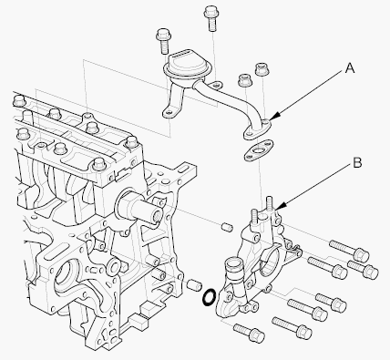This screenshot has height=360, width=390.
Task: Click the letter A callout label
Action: pyautogui.click(x=350, y=68)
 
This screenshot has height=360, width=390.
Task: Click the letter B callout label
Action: pyautogui.click(x=357, y=162)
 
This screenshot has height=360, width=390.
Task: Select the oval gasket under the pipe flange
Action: pyautogui.click(x=259, y=150)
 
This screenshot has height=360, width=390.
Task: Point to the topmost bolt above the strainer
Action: pyautogui.click(x=211, y=19)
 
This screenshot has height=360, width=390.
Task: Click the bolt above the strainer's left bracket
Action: pyautogui.click(x=164, y=41)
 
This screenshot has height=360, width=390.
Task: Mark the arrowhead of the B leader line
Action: pyautogui.click(x=280, y=206)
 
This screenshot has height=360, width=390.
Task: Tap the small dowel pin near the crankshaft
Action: pyautogui.click(x=227, y=227)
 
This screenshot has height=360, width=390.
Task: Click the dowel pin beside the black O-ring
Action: pyautogui.click(x=194, y=285)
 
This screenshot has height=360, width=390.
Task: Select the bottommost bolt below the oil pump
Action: pyautogui.click(x=249, y=332)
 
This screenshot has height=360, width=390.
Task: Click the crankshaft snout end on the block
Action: pyautogui.click(x=155, y=215)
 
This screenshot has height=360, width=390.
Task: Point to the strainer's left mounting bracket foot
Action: pyautogui.click(x=170, y=112)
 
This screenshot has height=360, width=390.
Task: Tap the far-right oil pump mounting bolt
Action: pyautogui.click(x=363, y=268)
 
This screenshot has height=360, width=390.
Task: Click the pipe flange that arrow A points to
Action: pyautogui.click(x=257, y=129)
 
